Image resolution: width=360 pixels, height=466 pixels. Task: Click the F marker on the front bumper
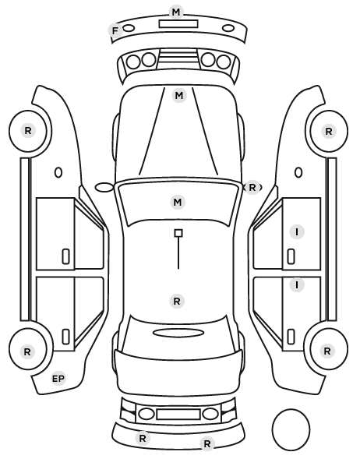115,30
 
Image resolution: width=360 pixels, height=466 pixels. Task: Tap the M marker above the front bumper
176,12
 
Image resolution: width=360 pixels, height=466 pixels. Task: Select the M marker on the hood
179,96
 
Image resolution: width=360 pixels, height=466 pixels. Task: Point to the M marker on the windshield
178,203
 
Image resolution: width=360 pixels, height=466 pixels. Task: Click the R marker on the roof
177,301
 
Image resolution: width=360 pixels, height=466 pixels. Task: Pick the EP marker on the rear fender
58,379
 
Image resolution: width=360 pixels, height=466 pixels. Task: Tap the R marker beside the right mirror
252,188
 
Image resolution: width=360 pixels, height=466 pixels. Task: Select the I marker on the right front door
297,231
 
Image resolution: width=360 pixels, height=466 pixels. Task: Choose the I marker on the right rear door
297,285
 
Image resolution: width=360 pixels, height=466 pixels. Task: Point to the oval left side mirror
104,187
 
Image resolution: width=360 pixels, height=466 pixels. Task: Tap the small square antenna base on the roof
178,233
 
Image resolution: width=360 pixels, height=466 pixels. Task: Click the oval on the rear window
178,333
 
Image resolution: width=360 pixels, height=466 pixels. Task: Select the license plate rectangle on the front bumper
178,24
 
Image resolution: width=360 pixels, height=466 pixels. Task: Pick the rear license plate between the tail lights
178,414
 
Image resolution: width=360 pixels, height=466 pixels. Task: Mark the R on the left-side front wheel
28,130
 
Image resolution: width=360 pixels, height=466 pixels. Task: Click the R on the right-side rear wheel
327,351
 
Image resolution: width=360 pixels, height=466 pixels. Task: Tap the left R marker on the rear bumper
143,438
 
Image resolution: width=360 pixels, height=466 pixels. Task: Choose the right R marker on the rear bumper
207,443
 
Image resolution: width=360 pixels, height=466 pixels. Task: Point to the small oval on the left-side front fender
58,172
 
